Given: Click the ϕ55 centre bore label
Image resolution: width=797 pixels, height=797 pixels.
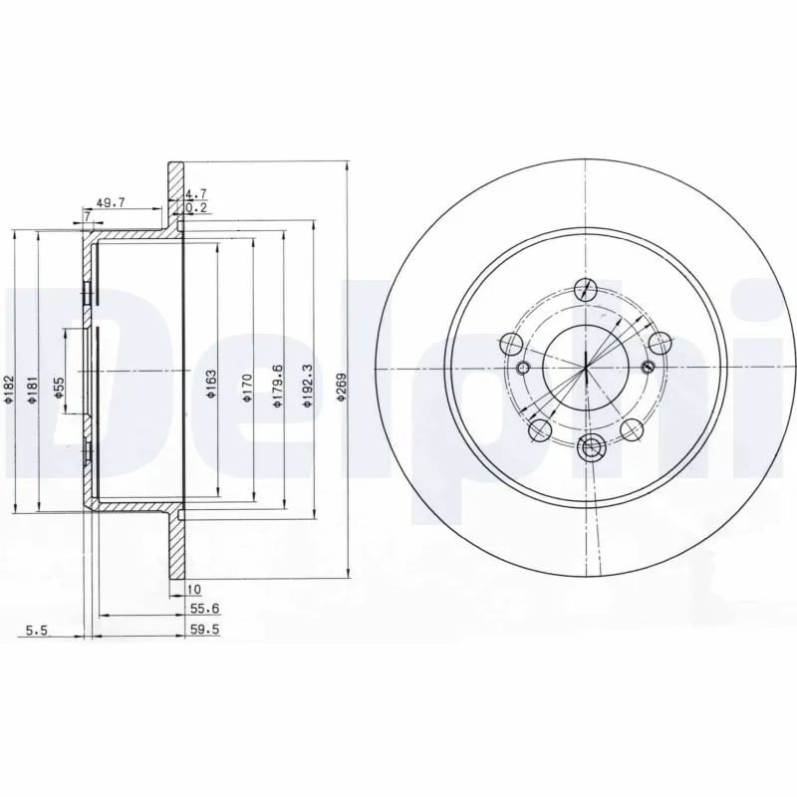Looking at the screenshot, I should [59, 388].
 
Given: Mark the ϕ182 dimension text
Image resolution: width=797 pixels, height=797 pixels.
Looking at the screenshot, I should [9, 390].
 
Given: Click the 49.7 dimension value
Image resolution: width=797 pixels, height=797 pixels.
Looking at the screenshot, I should [110, 201].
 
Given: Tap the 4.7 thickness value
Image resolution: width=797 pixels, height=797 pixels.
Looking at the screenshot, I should [198, 195].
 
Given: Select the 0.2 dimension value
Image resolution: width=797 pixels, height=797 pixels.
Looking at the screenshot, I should [198, 208].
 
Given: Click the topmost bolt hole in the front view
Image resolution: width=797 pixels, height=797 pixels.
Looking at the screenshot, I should [587, 290].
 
